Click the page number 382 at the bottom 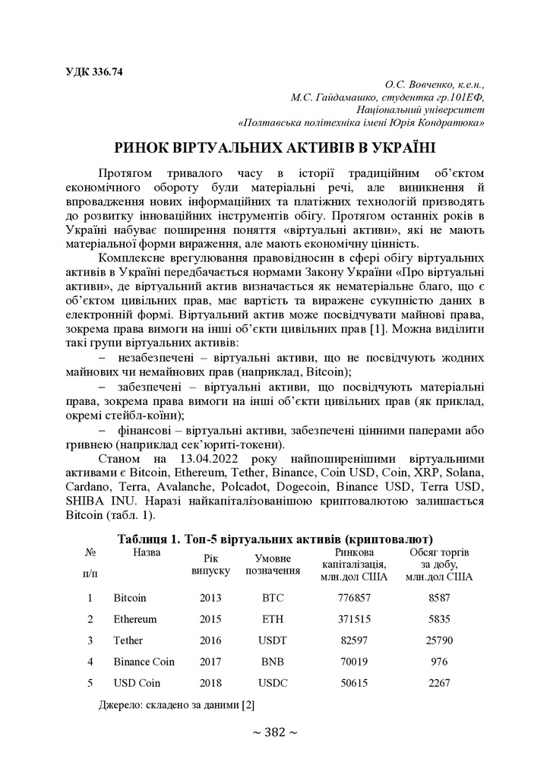[274, 732]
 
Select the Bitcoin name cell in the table [130, 598]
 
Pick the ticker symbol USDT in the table [273, 640]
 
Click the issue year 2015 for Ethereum [210, 619]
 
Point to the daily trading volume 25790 [439, 640]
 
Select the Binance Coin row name [144, 662]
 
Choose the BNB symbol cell [273, 662]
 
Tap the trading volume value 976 [439, 662]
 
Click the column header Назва [147, 553]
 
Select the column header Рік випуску [210, 564]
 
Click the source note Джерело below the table [176, 705]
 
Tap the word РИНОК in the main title [147, 147]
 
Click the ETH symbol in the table [273, 619]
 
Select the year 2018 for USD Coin [210, 683]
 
